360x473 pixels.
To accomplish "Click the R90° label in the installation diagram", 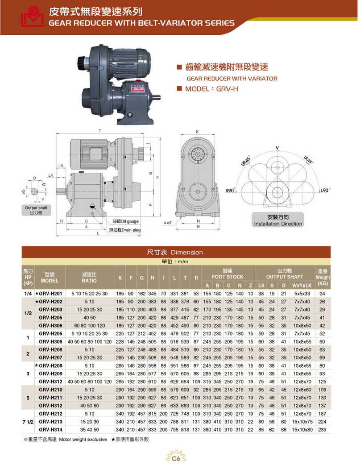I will (230, 191).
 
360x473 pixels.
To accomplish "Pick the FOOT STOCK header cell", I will (229, 274).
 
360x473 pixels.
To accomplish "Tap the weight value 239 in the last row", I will (348, 429).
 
